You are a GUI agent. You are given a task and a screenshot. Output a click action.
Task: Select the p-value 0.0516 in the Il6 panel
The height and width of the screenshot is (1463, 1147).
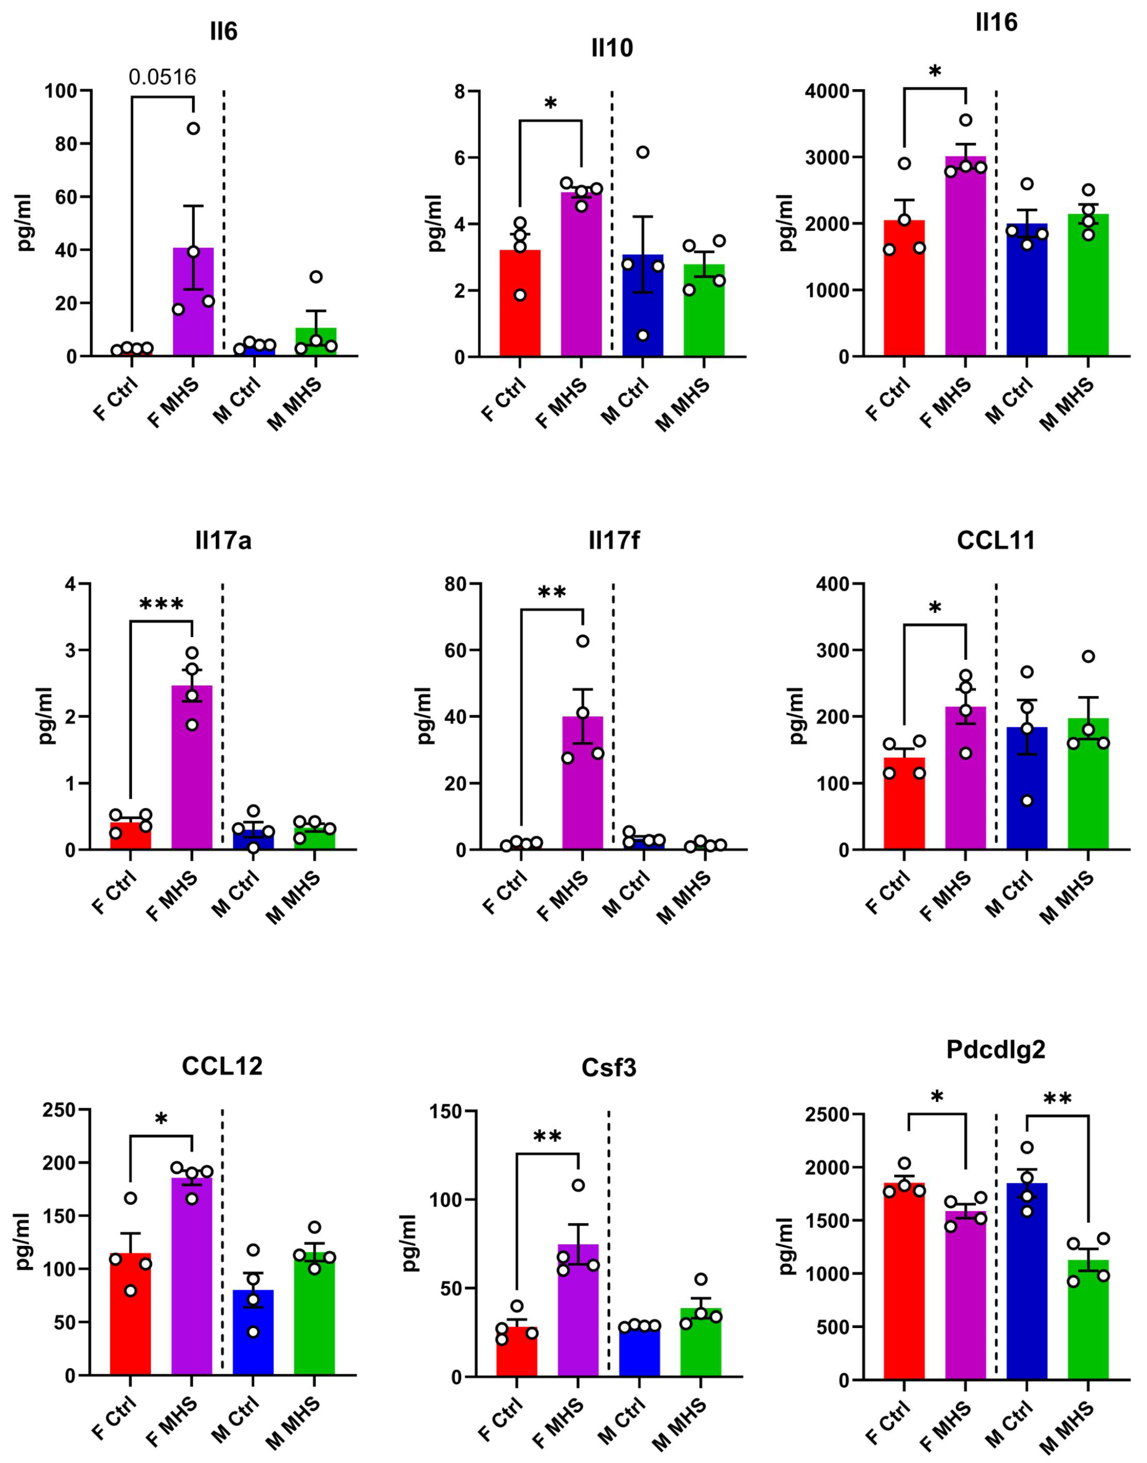point(162,77)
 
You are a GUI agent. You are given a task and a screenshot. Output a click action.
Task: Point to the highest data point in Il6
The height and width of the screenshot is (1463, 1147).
point(193,128)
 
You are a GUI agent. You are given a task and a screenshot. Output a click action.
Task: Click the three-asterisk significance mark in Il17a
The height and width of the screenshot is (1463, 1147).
point(161,605)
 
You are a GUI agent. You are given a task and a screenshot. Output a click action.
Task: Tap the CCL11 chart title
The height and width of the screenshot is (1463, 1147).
point(996,540)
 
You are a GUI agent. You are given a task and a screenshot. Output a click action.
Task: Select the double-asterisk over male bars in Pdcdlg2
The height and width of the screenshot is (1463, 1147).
point(1058,1100)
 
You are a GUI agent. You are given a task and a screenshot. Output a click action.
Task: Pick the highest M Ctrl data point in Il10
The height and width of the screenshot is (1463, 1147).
point(643,152)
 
